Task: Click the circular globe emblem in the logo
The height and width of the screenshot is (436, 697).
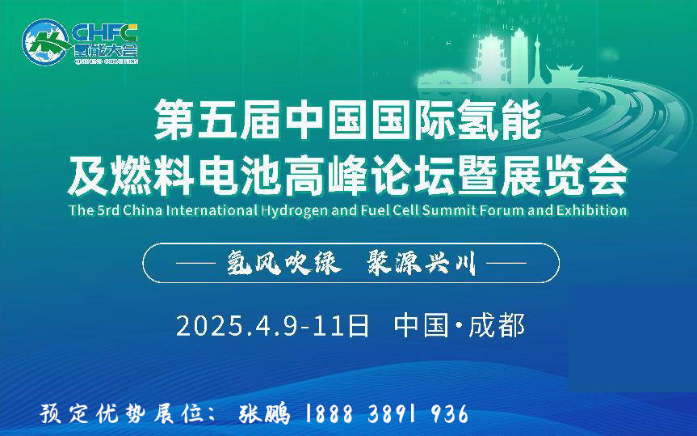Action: (x=46, y=42)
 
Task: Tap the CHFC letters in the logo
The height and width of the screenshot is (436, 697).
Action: (x=104, y=33)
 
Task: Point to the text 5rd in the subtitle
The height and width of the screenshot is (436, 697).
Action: (x=108, y=210)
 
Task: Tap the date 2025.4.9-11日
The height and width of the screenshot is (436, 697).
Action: (x=272, y=325)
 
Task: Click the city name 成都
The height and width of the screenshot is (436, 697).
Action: (x=497, y=325)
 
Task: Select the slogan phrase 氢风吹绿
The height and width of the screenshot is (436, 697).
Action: (x=284, y=263)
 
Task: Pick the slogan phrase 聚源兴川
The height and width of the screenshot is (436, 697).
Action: (x=422, y=263)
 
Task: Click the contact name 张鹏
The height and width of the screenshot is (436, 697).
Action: (x=264, y=413)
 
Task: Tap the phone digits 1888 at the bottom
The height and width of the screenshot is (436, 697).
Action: (x=329, y=413)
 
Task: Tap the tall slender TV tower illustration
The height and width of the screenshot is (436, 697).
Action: (x=537, y=60)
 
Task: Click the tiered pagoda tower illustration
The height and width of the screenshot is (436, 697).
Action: (x=490, y=59)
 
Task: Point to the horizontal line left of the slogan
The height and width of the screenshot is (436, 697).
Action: (x=196, y=263)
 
